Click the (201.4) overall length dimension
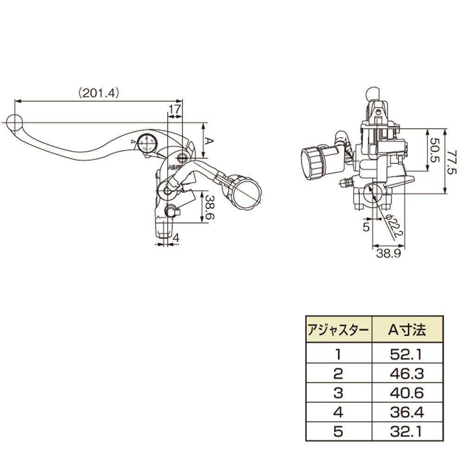click(x=99, y=93)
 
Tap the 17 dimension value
click(x=174, y=110)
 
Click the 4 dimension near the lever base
click(x=175, y=237)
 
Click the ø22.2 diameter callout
click(x=394, y=227)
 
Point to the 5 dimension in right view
click(x=365, y=227)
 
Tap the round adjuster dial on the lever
click(x=147, y=142)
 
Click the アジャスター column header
click(x=338, y=330)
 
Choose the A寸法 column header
click(x=406, y=330)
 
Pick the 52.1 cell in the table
click(x=406, y=355)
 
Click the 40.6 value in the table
click(x=406, y=393)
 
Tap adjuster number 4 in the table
click(x=338, y=412)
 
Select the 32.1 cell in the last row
click(x=406, y=432)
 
